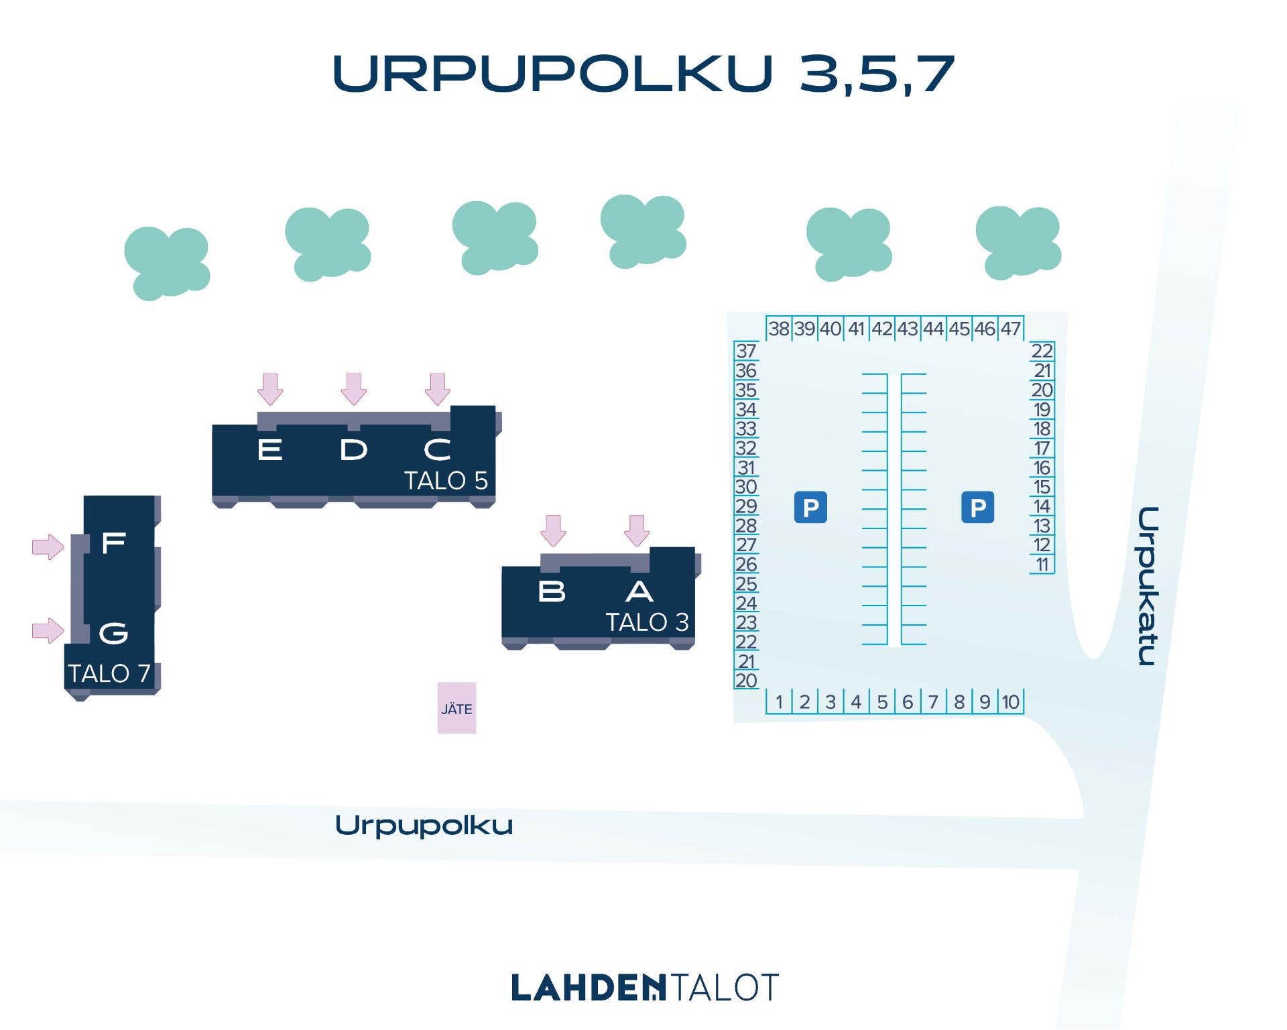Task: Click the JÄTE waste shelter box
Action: (x=456, y=707)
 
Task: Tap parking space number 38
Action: (x=779, y=329)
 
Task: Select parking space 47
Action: (x=1011, y=329)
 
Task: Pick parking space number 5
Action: (x=882, y=701)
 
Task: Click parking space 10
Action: (x=1011, y=701)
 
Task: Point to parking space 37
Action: (x=746, y=351)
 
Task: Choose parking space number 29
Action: (x=746, y=506)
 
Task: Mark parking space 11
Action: (x=1042, y=565)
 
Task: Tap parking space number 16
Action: (x=1042, y=467)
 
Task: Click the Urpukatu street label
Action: (x=1148, y=586)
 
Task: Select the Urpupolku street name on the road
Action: (x=424, y=825)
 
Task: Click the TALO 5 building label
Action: (x=446, y=480)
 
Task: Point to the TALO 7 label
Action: (x=109, y=673)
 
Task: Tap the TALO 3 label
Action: (x=648, y=622)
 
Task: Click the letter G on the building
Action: (x=113, y=632)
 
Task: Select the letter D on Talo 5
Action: (x=353, y=450)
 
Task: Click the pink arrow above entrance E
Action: (x=270, y=389)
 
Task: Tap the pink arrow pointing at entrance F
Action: (x=48, y=547)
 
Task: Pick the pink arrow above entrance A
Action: (x=637, y=530)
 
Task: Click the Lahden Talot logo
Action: (x=644, y=987)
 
